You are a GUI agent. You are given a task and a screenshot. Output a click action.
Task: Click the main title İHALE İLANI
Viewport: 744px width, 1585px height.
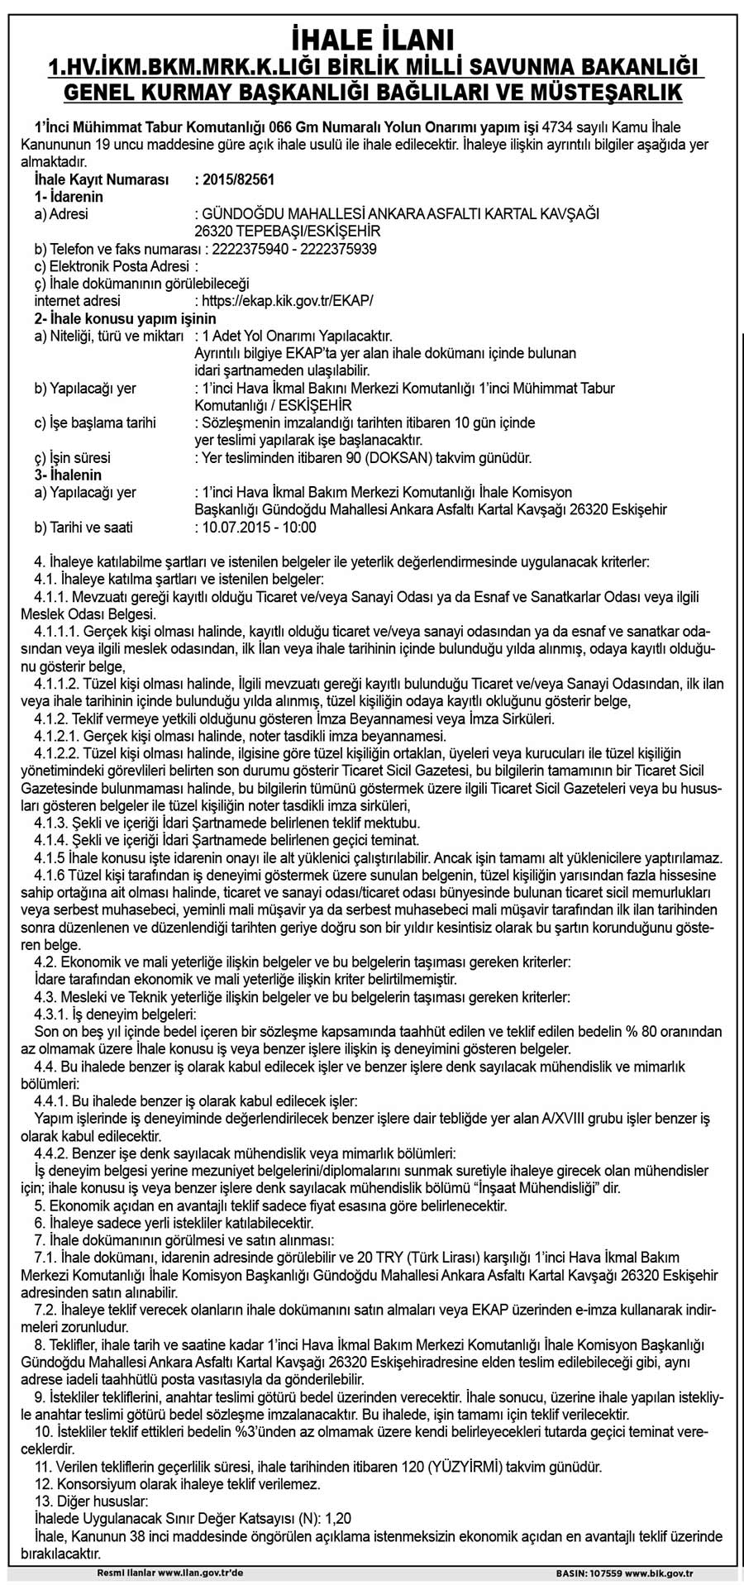(x=371, y=40)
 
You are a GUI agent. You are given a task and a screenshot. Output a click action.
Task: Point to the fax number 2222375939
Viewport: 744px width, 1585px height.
(x=340, y=249)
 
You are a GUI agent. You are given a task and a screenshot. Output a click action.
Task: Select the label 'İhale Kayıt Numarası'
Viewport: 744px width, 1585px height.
(x=102, y=179)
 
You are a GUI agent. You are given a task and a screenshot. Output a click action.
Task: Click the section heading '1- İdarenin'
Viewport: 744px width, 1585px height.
(x=69, y=197)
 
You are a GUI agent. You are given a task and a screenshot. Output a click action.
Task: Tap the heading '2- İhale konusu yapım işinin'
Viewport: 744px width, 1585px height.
(x=125, y=318)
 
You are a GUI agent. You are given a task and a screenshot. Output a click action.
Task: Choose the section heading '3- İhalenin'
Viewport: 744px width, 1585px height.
(x=68, y=475)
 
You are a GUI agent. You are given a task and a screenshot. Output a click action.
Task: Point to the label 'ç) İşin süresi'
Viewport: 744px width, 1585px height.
(x=73, y=457)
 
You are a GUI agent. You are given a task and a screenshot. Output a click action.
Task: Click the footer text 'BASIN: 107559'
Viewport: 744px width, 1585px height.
(x=590, y=1573)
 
